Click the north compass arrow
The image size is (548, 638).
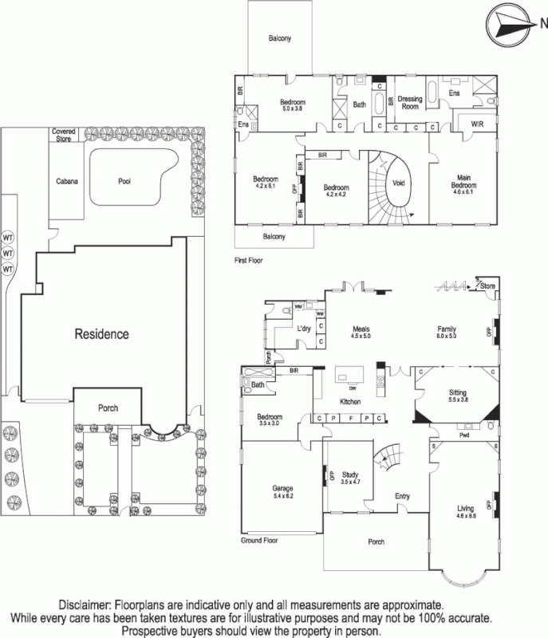tap(511, 23)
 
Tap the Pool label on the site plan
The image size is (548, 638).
tap(124, 181)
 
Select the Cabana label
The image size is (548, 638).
tap(68, 182)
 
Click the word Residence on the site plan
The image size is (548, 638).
tap(101, 333)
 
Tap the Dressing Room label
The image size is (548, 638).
tap(410, 102)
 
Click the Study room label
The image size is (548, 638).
tap(351, 478)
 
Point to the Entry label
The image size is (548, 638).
tap(403, 497)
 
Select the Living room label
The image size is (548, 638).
tap(465, 508)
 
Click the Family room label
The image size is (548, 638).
tap(446, 329)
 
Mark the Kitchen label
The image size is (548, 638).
tap(352, 401)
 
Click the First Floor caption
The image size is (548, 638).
tap(249, 260)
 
